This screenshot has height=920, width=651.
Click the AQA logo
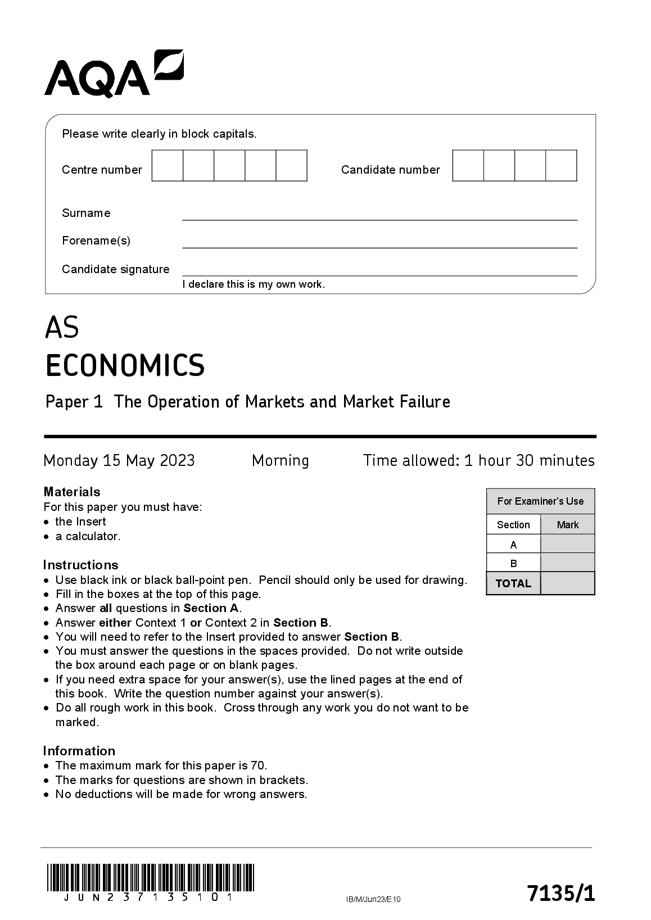click(114, 73)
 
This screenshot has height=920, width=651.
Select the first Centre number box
click(168, 166)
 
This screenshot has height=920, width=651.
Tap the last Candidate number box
click(561, 166)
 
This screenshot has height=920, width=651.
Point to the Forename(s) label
click(96, 241)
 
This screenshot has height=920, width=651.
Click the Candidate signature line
click(379, 270)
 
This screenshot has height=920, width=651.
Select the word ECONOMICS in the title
click(125, 365)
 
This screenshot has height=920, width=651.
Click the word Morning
click(280, 461)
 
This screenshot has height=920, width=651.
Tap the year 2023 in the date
click(177, 461)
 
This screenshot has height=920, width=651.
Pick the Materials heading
click(72, 492)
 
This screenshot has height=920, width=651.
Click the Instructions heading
click(81, 565)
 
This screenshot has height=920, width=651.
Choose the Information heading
click(79, 751)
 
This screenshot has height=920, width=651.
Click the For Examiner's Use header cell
click(540, 501)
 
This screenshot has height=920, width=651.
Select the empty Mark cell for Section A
click(567, 544)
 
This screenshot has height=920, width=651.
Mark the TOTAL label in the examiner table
click(513, 583)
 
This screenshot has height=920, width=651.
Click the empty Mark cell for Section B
click(567, 563)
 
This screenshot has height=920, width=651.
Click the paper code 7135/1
click(560, 893)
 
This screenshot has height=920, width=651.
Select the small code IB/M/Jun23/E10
click(373, 899)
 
